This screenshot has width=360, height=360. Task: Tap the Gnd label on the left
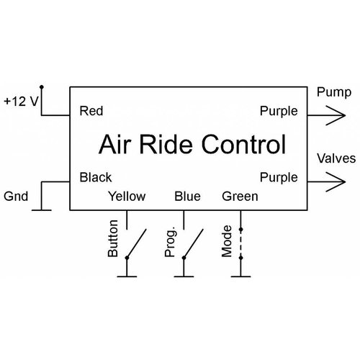click(17, 195)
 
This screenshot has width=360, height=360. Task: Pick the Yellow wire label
click(126, 196)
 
